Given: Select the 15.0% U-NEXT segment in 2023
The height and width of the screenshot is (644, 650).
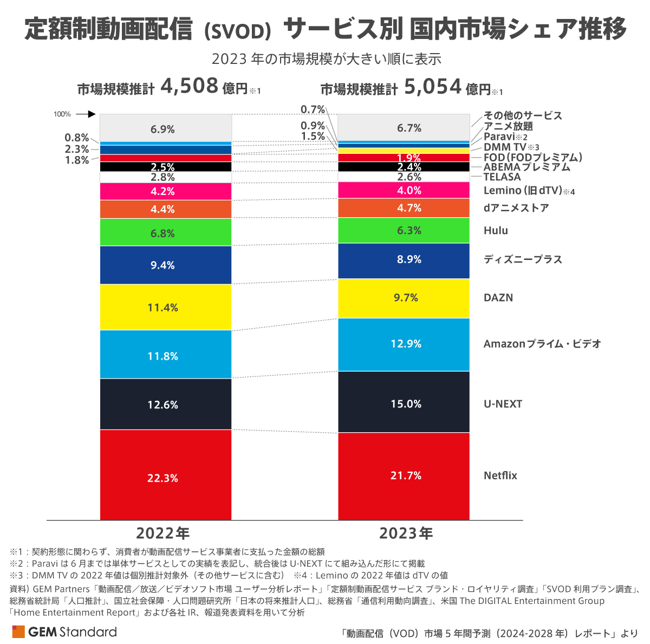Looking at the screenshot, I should pos(404,402).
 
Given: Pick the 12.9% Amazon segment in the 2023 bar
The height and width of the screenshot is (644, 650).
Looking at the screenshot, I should pos(404,344).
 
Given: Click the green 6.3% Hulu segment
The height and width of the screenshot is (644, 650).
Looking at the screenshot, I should pos(404,230).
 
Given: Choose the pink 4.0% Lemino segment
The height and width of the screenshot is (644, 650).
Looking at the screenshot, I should pos(404,190).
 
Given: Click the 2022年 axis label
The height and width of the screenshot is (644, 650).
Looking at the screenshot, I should pos(162,534).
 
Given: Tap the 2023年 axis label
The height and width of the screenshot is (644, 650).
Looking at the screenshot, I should pos(406,534).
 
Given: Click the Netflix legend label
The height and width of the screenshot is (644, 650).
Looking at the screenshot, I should pos(500,476).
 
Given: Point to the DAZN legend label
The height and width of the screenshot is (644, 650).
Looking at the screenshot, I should pos(498,297).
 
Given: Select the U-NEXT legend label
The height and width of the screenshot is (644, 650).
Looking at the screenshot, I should pos(503,404).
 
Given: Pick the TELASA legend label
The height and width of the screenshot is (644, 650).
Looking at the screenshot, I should pos(502,177).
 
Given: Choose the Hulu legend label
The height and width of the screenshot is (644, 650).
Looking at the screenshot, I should pos(496,230).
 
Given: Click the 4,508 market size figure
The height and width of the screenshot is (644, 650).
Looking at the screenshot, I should pos(189,86).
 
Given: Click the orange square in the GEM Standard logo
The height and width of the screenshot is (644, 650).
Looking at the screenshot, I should pos(18,632).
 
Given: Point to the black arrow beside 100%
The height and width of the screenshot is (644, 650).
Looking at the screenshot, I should pos(86,114).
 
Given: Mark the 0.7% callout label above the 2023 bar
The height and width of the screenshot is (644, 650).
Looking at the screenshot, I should pos(313,109).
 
